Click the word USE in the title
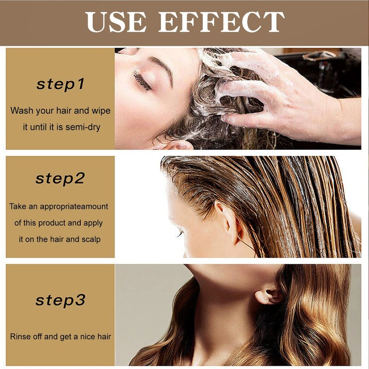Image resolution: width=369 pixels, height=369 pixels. tap(116, 23)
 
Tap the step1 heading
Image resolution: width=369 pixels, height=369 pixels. tap(60, 84)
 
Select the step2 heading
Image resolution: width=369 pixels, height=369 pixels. tap(60, 179)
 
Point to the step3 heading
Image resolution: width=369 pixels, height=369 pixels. tap(60, 300)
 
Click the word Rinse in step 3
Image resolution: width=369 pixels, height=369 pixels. tap(20, 336)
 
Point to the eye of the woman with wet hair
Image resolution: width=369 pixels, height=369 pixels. tap(179, 234)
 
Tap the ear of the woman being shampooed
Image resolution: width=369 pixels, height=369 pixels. tap(178, 144)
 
